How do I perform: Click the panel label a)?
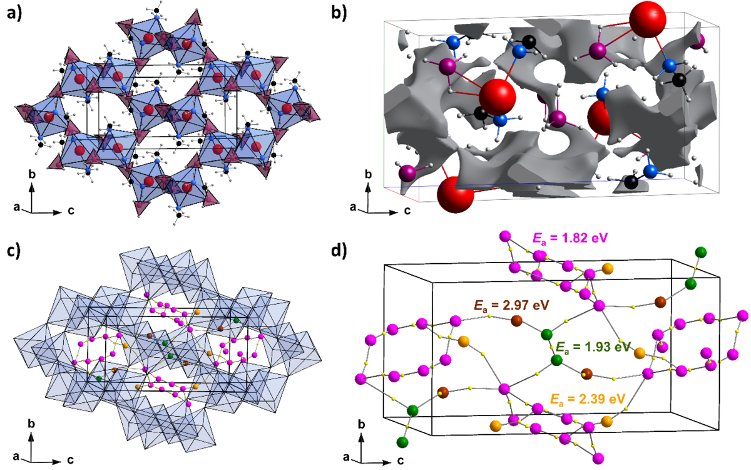[14, 13]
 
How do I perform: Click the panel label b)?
[339, 13]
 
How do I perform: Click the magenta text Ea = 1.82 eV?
[570, 238]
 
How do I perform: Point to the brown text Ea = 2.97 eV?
[512, 306]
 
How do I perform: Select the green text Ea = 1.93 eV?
[593, 347]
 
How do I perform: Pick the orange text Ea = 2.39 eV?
[588, 399]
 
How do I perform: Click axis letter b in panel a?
[32, 175]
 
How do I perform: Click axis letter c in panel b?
[407, 211]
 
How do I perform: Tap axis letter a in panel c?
[16, 456]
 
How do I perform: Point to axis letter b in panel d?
[362, 425]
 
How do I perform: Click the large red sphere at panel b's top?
[647, 19]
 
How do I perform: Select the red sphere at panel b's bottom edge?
[456, 195]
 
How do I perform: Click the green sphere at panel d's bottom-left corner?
[402, 442]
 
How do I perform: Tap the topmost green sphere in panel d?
[701, 252]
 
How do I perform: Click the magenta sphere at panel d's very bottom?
[598, 458]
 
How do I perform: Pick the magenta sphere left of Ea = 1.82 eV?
[504, 236]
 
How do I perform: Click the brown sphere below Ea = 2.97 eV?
[516, 321]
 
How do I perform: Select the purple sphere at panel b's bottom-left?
[407, 173]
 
